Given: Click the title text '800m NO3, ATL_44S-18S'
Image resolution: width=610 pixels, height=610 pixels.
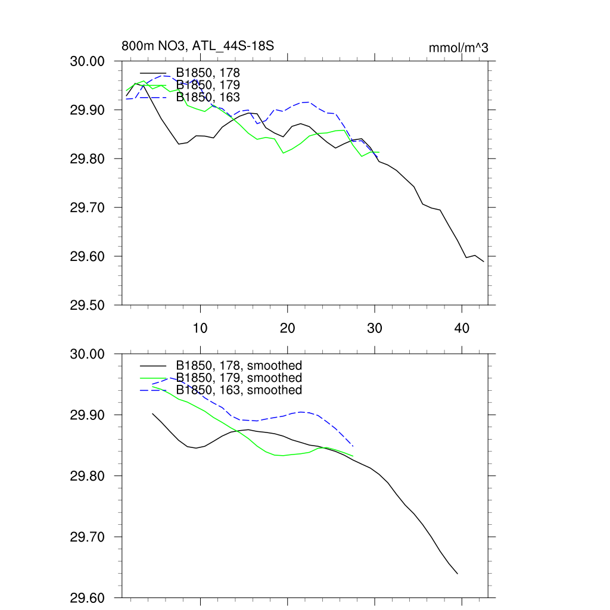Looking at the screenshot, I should [197, 46].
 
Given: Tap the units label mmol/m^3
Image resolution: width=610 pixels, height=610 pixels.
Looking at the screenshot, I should [458, 48].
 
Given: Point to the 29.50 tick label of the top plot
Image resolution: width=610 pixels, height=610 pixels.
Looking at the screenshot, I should [88, 306].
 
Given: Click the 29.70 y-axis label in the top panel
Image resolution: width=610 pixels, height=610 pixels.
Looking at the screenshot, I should [88, 208].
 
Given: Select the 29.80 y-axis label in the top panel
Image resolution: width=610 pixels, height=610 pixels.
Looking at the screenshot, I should [88, 159].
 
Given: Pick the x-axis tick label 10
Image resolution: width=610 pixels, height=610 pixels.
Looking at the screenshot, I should [200, 328].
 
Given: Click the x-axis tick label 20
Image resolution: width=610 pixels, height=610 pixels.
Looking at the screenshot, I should [288, 328].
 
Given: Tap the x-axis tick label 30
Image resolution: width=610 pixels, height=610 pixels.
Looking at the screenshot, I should [375, 328].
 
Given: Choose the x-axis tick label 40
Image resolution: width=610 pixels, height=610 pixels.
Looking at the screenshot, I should [462, 328].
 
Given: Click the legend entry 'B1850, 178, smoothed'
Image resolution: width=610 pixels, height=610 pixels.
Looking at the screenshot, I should [238, 366].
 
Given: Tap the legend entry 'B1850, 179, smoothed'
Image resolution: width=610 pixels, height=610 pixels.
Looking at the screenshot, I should [238, 378].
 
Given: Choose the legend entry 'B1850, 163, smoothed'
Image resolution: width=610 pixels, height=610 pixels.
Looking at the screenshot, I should [238, 390].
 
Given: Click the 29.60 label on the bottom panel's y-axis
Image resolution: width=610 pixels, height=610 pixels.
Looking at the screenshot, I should [88, 597].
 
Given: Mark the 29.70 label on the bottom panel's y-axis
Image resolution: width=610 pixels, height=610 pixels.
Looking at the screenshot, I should [88, 537].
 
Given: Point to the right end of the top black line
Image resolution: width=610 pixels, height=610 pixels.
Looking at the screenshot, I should [484, 262].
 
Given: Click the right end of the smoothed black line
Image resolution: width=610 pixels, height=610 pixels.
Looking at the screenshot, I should [457, 574].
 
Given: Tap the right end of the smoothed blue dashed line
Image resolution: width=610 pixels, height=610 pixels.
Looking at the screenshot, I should [353, 446].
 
